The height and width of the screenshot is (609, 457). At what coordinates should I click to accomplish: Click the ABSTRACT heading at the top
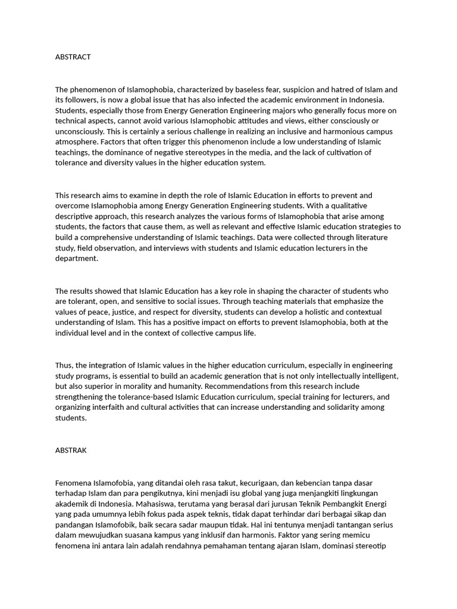coord(73,57)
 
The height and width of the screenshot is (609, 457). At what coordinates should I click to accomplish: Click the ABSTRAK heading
coord(71,450)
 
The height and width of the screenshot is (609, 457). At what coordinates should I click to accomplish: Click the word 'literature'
coord(367,237)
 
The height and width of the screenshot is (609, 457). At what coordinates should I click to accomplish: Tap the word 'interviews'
coord(176,248)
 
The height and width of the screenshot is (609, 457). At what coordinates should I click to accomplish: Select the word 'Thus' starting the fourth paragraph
coord(64,365)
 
